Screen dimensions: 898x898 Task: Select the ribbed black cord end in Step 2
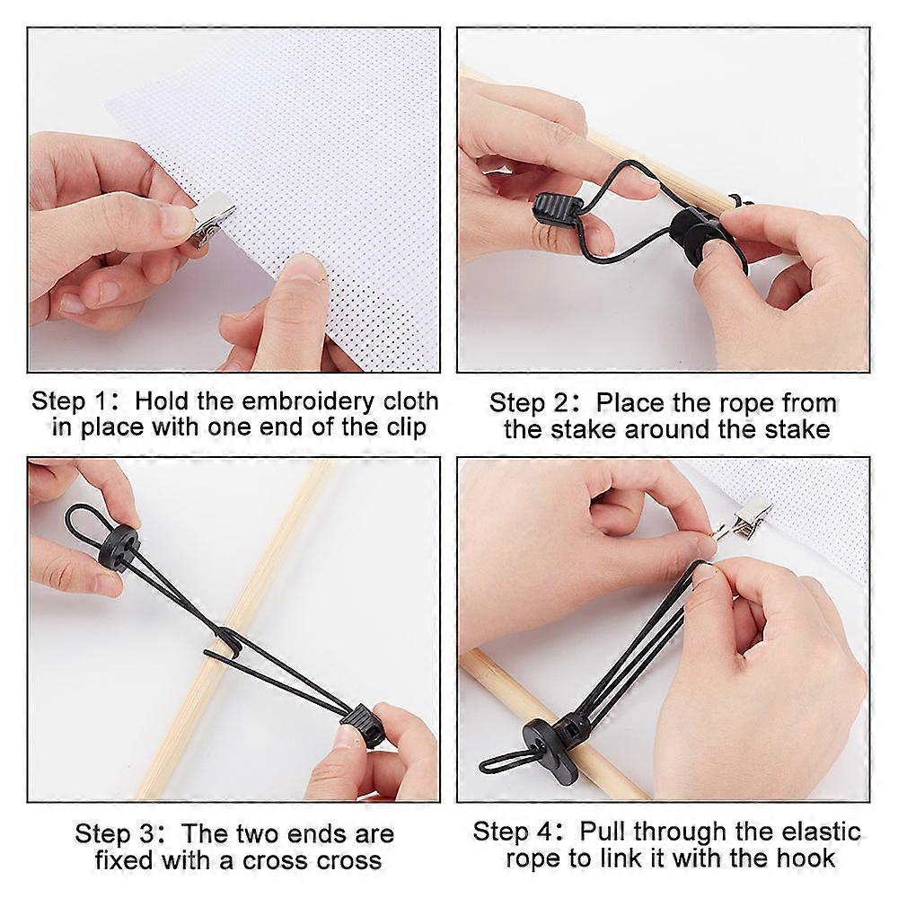click(x=559, y=210)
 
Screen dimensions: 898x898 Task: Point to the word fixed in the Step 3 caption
click(x=124, y=860)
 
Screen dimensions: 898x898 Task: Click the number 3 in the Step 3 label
click(x=147, y=834)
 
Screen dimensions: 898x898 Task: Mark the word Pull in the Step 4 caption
click(x=603, y=832)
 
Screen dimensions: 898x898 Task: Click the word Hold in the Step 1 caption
click(x=161, y=401)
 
